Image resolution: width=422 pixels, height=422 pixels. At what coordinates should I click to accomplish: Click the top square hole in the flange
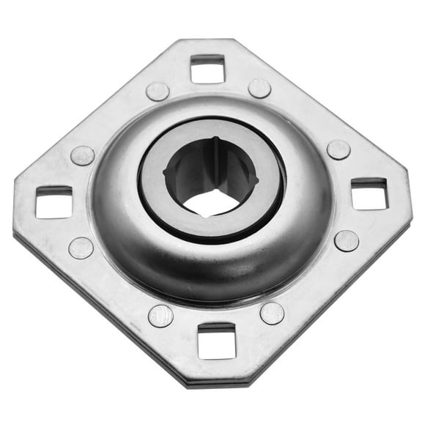(x=207, y=69)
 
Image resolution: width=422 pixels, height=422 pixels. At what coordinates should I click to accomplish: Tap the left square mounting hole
(x=53, y=202)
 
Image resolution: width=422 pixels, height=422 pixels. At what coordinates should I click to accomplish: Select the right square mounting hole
(x=369, y=194)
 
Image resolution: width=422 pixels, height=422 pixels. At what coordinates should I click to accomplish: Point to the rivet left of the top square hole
(x=158, y=91)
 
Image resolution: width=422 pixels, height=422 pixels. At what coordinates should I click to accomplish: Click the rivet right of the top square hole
(x=259, y=89)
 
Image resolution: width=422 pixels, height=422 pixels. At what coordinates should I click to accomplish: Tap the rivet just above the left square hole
(x=82, y=155)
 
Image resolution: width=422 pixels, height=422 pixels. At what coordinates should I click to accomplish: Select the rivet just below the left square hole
(x=81, y=248)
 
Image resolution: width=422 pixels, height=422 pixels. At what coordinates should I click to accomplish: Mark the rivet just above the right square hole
(x=338, y=150)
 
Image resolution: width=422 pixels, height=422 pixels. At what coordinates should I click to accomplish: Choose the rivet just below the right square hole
(x=347, y=241)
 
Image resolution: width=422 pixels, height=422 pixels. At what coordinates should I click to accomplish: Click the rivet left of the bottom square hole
(x=160, y=316)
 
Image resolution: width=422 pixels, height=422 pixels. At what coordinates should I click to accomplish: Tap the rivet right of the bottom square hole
(x=272, y=313)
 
